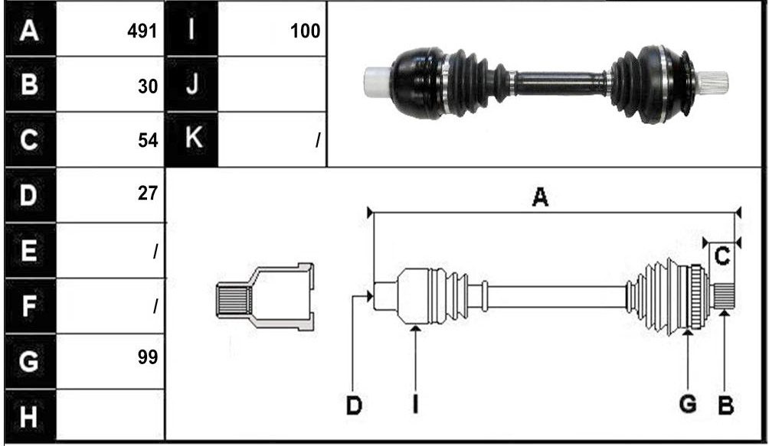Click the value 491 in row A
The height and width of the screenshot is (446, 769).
point(142,31)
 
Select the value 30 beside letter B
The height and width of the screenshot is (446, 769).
point(148,86)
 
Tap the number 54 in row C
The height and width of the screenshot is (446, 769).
point(148,141)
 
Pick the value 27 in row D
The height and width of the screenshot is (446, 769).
point(148,194)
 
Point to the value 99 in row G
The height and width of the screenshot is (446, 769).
point(148,357)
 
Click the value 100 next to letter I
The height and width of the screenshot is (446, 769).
point(305,31)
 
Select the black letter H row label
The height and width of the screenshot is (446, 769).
point(28,417)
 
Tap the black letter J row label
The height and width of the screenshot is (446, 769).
point(192,83)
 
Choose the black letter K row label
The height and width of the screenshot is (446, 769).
point(193,138)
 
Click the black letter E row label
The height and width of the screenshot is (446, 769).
point(28,250)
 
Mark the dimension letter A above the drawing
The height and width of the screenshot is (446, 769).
point(539,197)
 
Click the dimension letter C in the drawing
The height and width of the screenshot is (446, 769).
point(722,256)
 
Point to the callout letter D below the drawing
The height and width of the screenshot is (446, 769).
point(354,406)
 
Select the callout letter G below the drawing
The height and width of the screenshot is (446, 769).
point(688,405)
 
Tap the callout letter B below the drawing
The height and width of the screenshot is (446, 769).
point(725,406)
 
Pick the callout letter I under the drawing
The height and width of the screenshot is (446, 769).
point(415,405)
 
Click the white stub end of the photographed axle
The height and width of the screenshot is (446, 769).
point(378,81)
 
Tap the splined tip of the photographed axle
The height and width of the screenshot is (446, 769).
point(712,81)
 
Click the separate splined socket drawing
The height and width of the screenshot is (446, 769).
point(265,297)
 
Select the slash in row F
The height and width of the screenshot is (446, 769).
point(155,307)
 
